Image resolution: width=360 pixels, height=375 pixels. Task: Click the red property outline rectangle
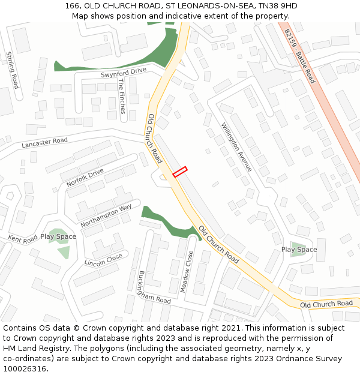(x=180, y=172)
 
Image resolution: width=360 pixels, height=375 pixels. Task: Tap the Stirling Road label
(x=12, y=70)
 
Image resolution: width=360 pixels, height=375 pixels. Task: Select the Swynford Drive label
(x=124, y=72)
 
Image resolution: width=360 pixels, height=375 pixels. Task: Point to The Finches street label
(x=122, y=96)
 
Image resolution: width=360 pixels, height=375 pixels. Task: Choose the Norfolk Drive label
(x=85, y=178)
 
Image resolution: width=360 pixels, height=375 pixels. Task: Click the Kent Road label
(x=23, y=238)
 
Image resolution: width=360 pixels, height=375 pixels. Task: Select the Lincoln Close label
(x=103, y=259)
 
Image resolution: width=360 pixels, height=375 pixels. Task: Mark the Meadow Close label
(x=188, y=271)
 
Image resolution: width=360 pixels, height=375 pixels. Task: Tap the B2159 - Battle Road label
(x=300, y=56)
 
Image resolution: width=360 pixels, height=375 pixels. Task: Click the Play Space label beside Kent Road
(x=58, y=236)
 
